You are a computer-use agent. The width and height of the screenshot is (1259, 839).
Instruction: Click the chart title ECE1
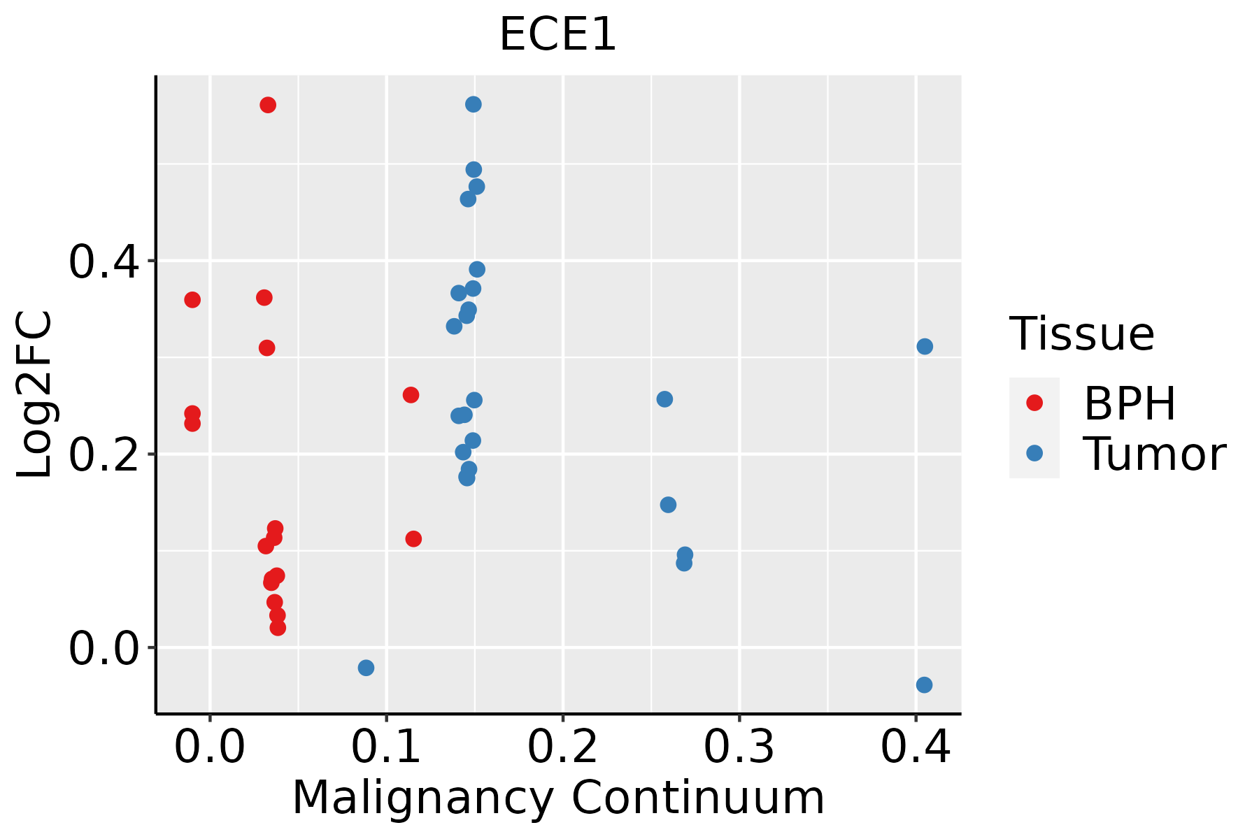[x=557, y=35]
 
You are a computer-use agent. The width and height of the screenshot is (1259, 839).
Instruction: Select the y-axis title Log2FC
[x=35, y=395]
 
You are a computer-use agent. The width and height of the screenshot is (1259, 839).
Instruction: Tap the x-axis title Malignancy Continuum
[x=557, y=798]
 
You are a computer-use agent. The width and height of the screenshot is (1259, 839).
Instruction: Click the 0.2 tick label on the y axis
[x=102, y=455]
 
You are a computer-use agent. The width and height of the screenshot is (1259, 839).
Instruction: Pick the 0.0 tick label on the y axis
[x=102, y=649]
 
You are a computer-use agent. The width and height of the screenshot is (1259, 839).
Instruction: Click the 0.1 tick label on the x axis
[x=386, y=747]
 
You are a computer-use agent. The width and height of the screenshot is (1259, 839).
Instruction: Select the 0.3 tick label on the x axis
[x=739, y=747]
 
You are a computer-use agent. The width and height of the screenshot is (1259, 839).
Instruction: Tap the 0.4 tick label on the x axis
[x=915, y=747]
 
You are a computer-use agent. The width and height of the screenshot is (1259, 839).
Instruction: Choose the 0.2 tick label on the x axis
[x=562, y=747]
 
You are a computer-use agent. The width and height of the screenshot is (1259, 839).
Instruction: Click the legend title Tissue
[x=1081, y=334]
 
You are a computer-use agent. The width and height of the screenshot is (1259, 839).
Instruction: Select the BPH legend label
[x=1130, y=403]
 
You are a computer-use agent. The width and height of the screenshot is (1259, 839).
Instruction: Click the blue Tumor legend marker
[x=1034, y=453]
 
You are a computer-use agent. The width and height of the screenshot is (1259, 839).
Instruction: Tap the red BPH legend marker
[x=1034, y=403]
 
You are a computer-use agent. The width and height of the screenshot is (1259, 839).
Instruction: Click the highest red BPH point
[x=268, y=105]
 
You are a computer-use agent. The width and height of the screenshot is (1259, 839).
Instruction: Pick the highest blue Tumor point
[x=474, y=104]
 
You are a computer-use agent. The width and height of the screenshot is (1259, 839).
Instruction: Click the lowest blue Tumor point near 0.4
[x=924, y=684]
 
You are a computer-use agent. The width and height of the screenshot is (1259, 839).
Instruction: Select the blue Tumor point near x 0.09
[x=366, y=668]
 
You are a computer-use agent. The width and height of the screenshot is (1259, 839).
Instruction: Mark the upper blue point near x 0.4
[x=925, y=346]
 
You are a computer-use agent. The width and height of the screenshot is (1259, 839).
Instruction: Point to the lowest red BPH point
[x=278, y=627]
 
